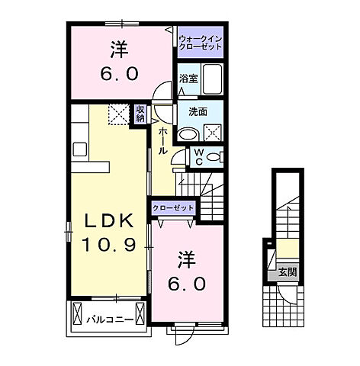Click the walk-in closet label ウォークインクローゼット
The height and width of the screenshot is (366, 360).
tap(200, 42)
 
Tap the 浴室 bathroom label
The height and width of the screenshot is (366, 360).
tap(188, 78)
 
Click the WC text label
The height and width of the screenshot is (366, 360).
tap(198, 157)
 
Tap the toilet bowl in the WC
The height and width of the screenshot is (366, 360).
tap(214, 157)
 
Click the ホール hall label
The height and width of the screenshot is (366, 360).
tap(162, 141)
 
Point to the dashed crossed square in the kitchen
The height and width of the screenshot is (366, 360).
tap(118, 114)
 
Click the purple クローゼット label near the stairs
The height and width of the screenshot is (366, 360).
tap(174, 207)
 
